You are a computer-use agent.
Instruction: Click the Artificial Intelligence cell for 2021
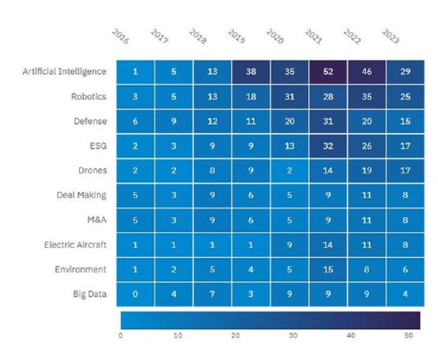[328, 72]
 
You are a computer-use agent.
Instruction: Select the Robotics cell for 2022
[367, 96]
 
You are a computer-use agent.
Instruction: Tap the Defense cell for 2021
[328, 121]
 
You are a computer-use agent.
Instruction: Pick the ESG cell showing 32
[328, 146]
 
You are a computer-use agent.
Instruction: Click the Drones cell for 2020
[290, 170]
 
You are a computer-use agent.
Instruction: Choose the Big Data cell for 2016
[135, 294]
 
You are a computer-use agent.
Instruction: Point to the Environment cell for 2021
[328, 270]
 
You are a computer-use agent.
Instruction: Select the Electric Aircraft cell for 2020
[290, 245]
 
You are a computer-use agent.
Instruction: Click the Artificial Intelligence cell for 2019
[251, 72]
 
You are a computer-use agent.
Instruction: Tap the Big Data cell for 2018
[212, 294]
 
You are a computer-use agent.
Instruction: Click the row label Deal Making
[82, 195]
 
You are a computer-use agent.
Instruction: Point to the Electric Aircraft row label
[76, 245]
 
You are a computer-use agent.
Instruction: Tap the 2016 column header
[120, 37]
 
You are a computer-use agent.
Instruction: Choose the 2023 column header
[390, 37]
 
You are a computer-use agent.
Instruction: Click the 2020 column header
[274, 37]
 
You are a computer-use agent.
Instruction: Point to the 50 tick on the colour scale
[409, 335]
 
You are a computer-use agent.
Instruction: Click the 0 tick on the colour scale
[120, 335]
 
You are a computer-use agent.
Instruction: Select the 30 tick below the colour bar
[293, 335]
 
